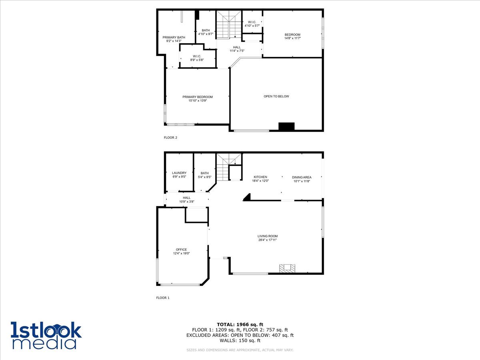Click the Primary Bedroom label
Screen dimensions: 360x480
point(198,97)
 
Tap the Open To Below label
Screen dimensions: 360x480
point(276,96)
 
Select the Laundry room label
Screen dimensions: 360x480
point(179,173)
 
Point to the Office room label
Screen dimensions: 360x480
point(181,250)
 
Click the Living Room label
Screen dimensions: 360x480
point(267,236)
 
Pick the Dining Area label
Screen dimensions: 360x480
point(302,177)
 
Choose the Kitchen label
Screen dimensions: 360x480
point(260,177)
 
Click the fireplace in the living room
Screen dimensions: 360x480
point(286,268)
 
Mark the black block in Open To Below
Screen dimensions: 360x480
point(286,126)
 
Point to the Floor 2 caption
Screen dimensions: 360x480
point(170,138)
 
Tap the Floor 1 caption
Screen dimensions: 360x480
point(163,298)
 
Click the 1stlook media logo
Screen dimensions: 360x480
point(46,335)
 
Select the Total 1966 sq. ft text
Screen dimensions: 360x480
point(240,324)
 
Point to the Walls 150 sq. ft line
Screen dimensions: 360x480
point(240,341)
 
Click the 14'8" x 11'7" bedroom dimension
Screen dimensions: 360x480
point(292,38)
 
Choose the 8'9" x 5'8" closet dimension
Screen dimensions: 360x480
point(197,60)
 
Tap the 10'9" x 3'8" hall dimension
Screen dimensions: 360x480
point(186,202)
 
